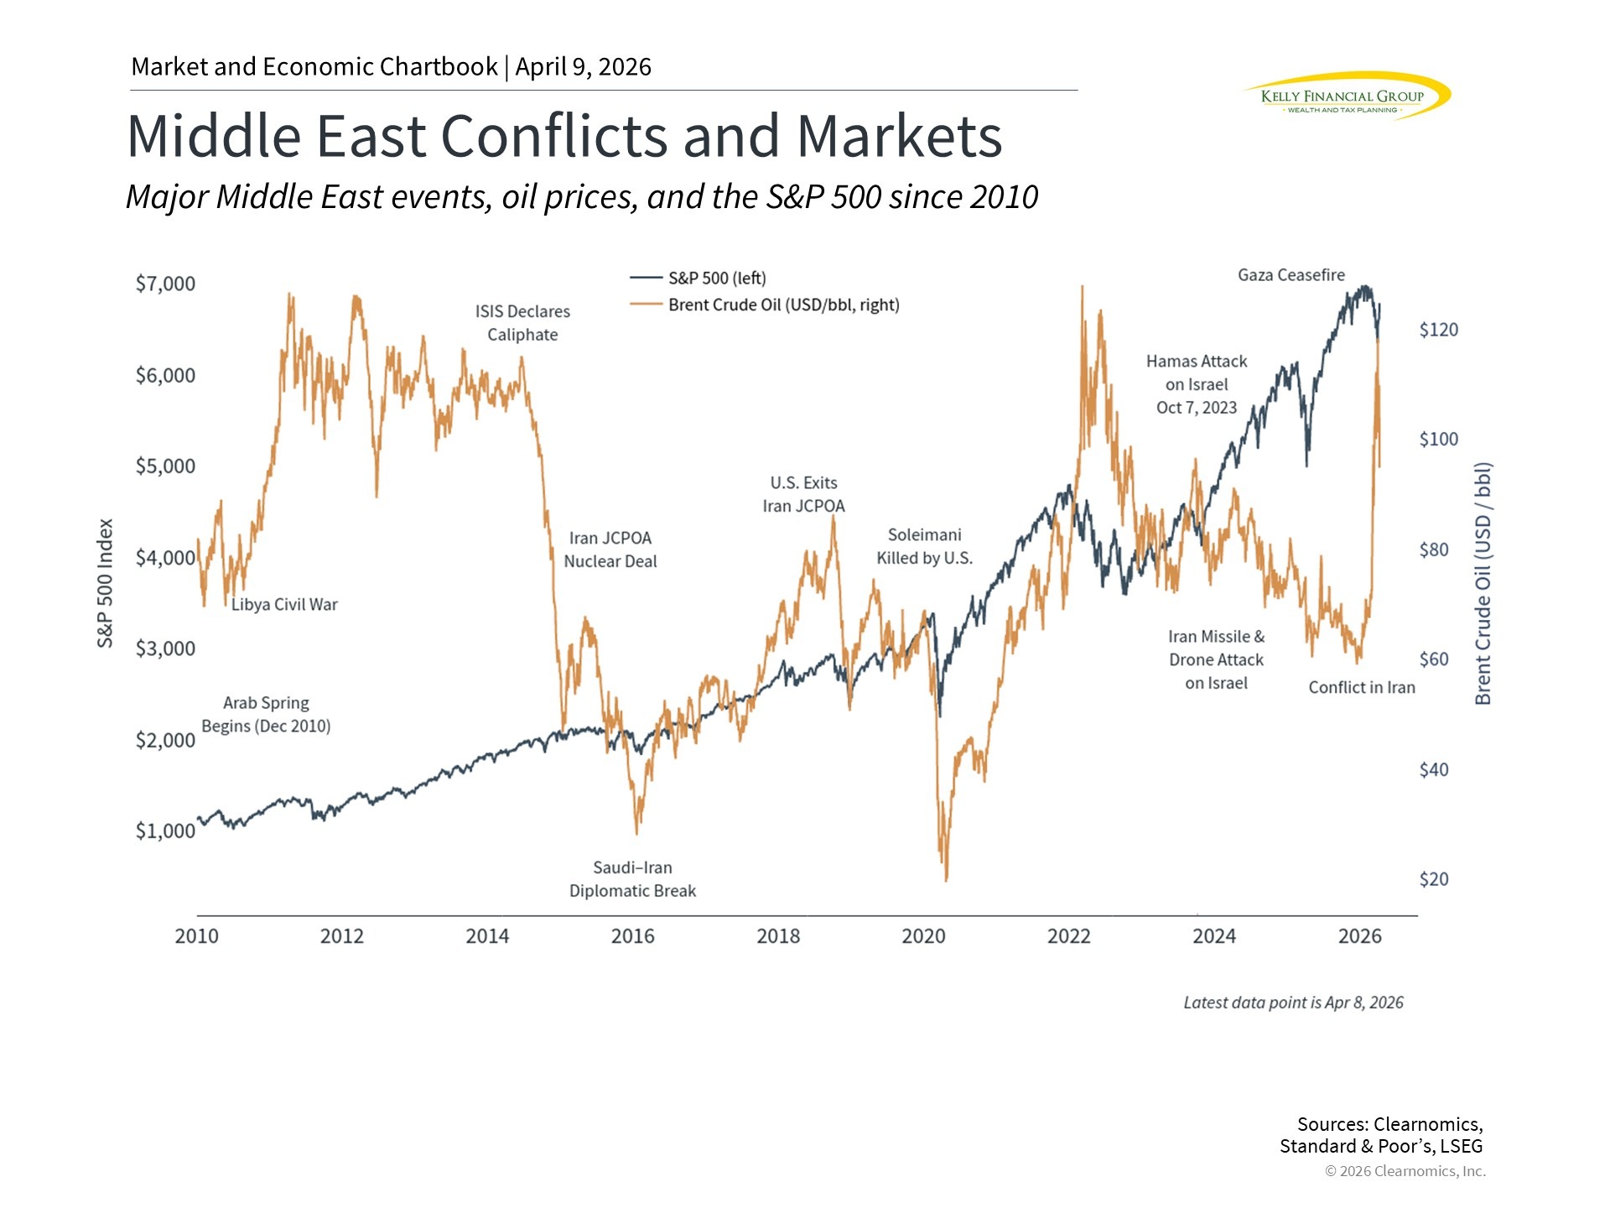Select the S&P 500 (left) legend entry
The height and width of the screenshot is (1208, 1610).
[716, 279]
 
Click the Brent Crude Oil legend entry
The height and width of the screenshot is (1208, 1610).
[782, 305]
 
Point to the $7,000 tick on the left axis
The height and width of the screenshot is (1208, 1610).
[165, 284]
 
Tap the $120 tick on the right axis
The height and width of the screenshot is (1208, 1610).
[1438, 330]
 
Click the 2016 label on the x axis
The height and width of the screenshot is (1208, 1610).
[632, 936]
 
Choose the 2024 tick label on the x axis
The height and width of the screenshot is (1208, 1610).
[1213, 936]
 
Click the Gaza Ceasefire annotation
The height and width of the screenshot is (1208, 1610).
[1291, 275]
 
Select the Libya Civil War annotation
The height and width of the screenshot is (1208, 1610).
[284, 605]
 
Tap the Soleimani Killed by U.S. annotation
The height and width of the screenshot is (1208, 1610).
[924, 547]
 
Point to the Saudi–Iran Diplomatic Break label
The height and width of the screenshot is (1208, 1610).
[632, 879]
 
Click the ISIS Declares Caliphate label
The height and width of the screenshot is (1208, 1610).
[522, 323]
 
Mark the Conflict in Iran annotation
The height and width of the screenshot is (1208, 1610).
[1361, 688]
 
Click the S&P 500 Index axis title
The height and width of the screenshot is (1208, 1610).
[105, 583]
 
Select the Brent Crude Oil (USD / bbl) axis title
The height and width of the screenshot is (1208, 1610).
[1483, 583]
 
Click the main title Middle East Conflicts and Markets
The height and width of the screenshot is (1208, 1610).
[564, 136]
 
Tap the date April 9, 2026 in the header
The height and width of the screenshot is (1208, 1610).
[583, 67]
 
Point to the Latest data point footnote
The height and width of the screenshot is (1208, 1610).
[1293, 1002]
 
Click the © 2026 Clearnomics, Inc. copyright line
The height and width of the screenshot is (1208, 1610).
[1405, 1171]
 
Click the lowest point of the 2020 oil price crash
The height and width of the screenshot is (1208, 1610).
[947, 880]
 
